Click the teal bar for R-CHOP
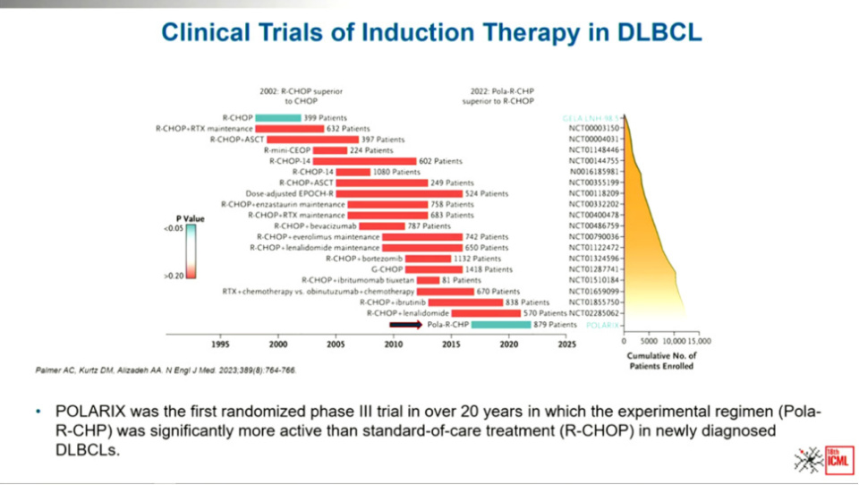(x=277, y=117)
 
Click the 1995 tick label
(x=220, y=343)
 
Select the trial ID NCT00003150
(x=594, y=129)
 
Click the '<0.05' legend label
(x=174, y=229)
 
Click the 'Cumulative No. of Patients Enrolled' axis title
(x=662, y=362)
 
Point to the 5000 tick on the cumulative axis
(x=649, y=342)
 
